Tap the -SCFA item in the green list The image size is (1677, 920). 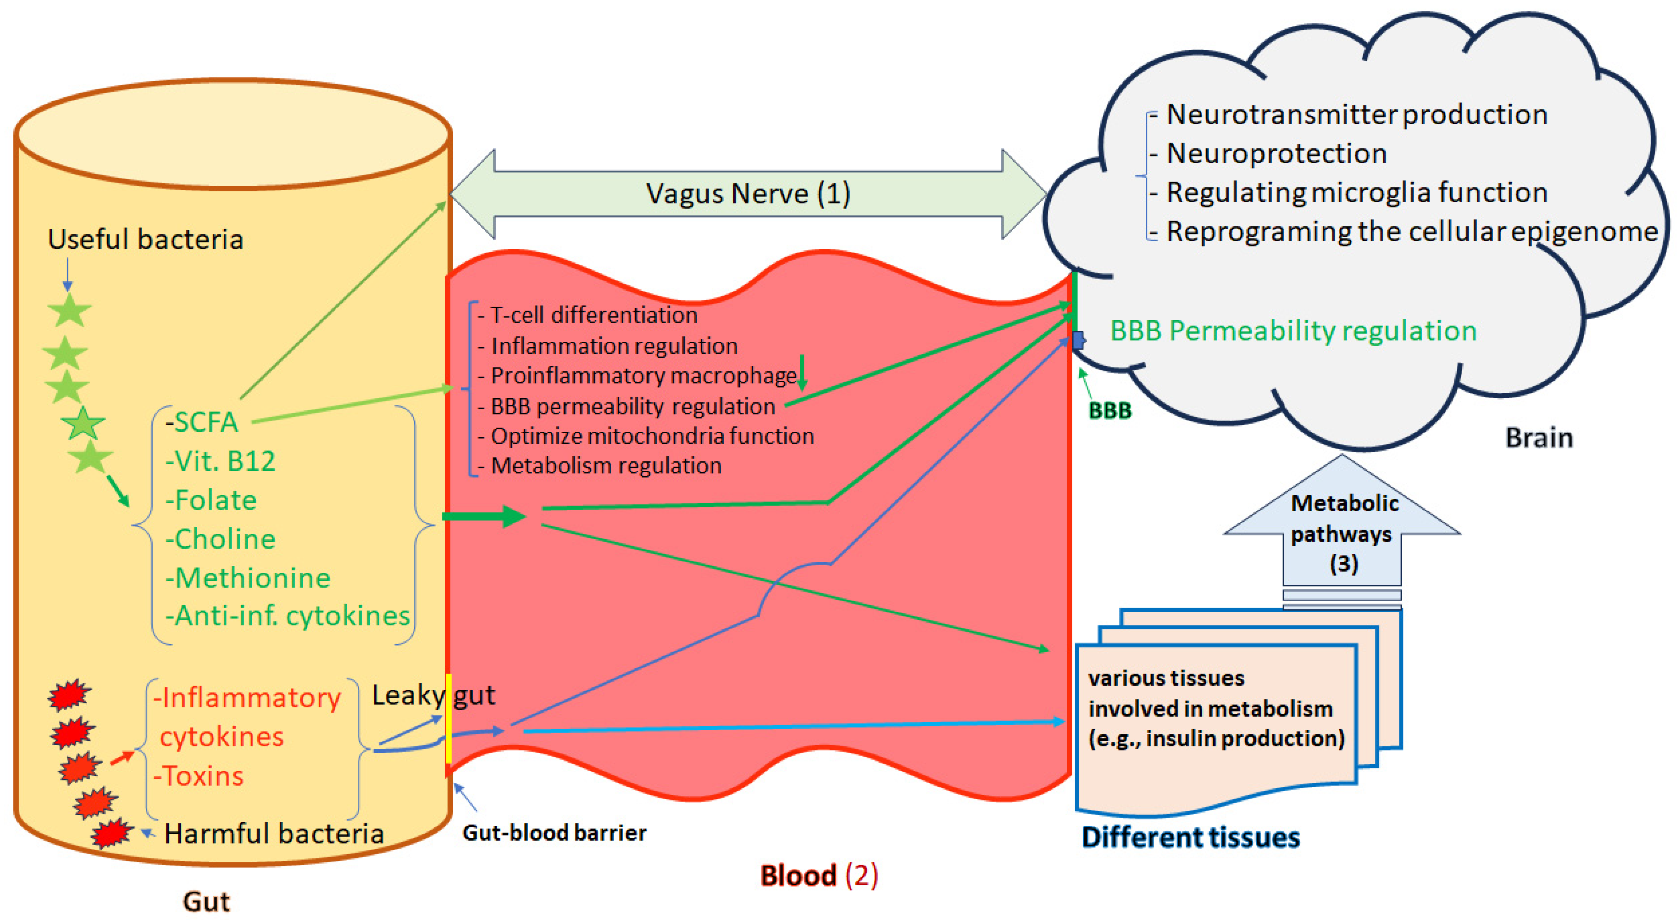(202, 422)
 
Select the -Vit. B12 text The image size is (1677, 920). (220, 461)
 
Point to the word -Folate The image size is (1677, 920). (211, 500)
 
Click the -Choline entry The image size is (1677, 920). (220, 539)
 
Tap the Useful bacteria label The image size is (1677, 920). (145, 240)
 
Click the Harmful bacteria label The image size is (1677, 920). (274, 833)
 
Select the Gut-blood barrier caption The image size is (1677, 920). (554, 833)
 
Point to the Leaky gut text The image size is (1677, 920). (433, 696)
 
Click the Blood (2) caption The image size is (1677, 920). (818, 876)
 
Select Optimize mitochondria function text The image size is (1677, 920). (651, 436)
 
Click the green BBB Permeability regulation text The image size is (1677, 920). (1293, 331)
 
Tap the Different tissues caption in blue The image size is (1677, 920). (1190, 837)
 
